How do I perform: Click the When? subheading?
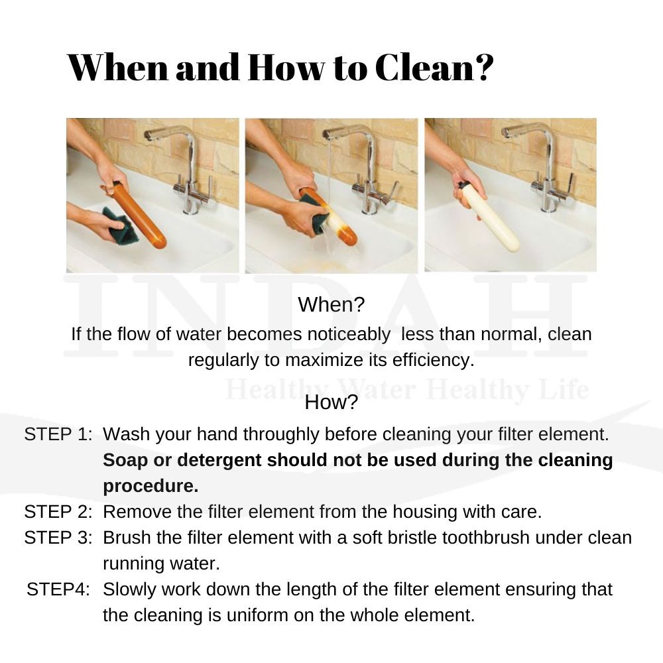tap(331, 304)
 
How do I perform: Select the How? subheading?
tap(331, 402)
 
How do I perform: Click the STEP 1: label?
tap(58, 434)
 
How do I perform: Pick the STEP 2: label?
tap(58, 512)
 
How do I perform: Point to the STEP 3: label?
tap(58, 538)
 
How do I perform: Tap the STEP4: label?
tap(58, 589)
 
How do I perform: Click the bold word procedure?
tap(151, 486)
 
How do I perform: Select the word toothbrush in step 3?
tap(486, 538)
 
